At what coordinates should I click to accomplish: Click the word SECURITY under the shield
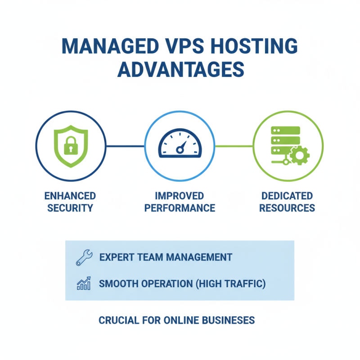70,208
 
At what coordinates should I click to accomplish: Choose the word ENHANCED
70,196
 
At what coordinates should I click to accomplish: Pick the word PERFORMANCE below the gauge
180,208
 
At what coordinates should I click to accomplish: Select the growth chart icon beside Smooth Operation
84,283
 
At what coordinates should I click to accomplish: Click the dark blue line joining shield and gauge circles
125,146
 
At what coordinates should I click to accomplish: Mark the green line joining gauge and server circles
234,146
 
